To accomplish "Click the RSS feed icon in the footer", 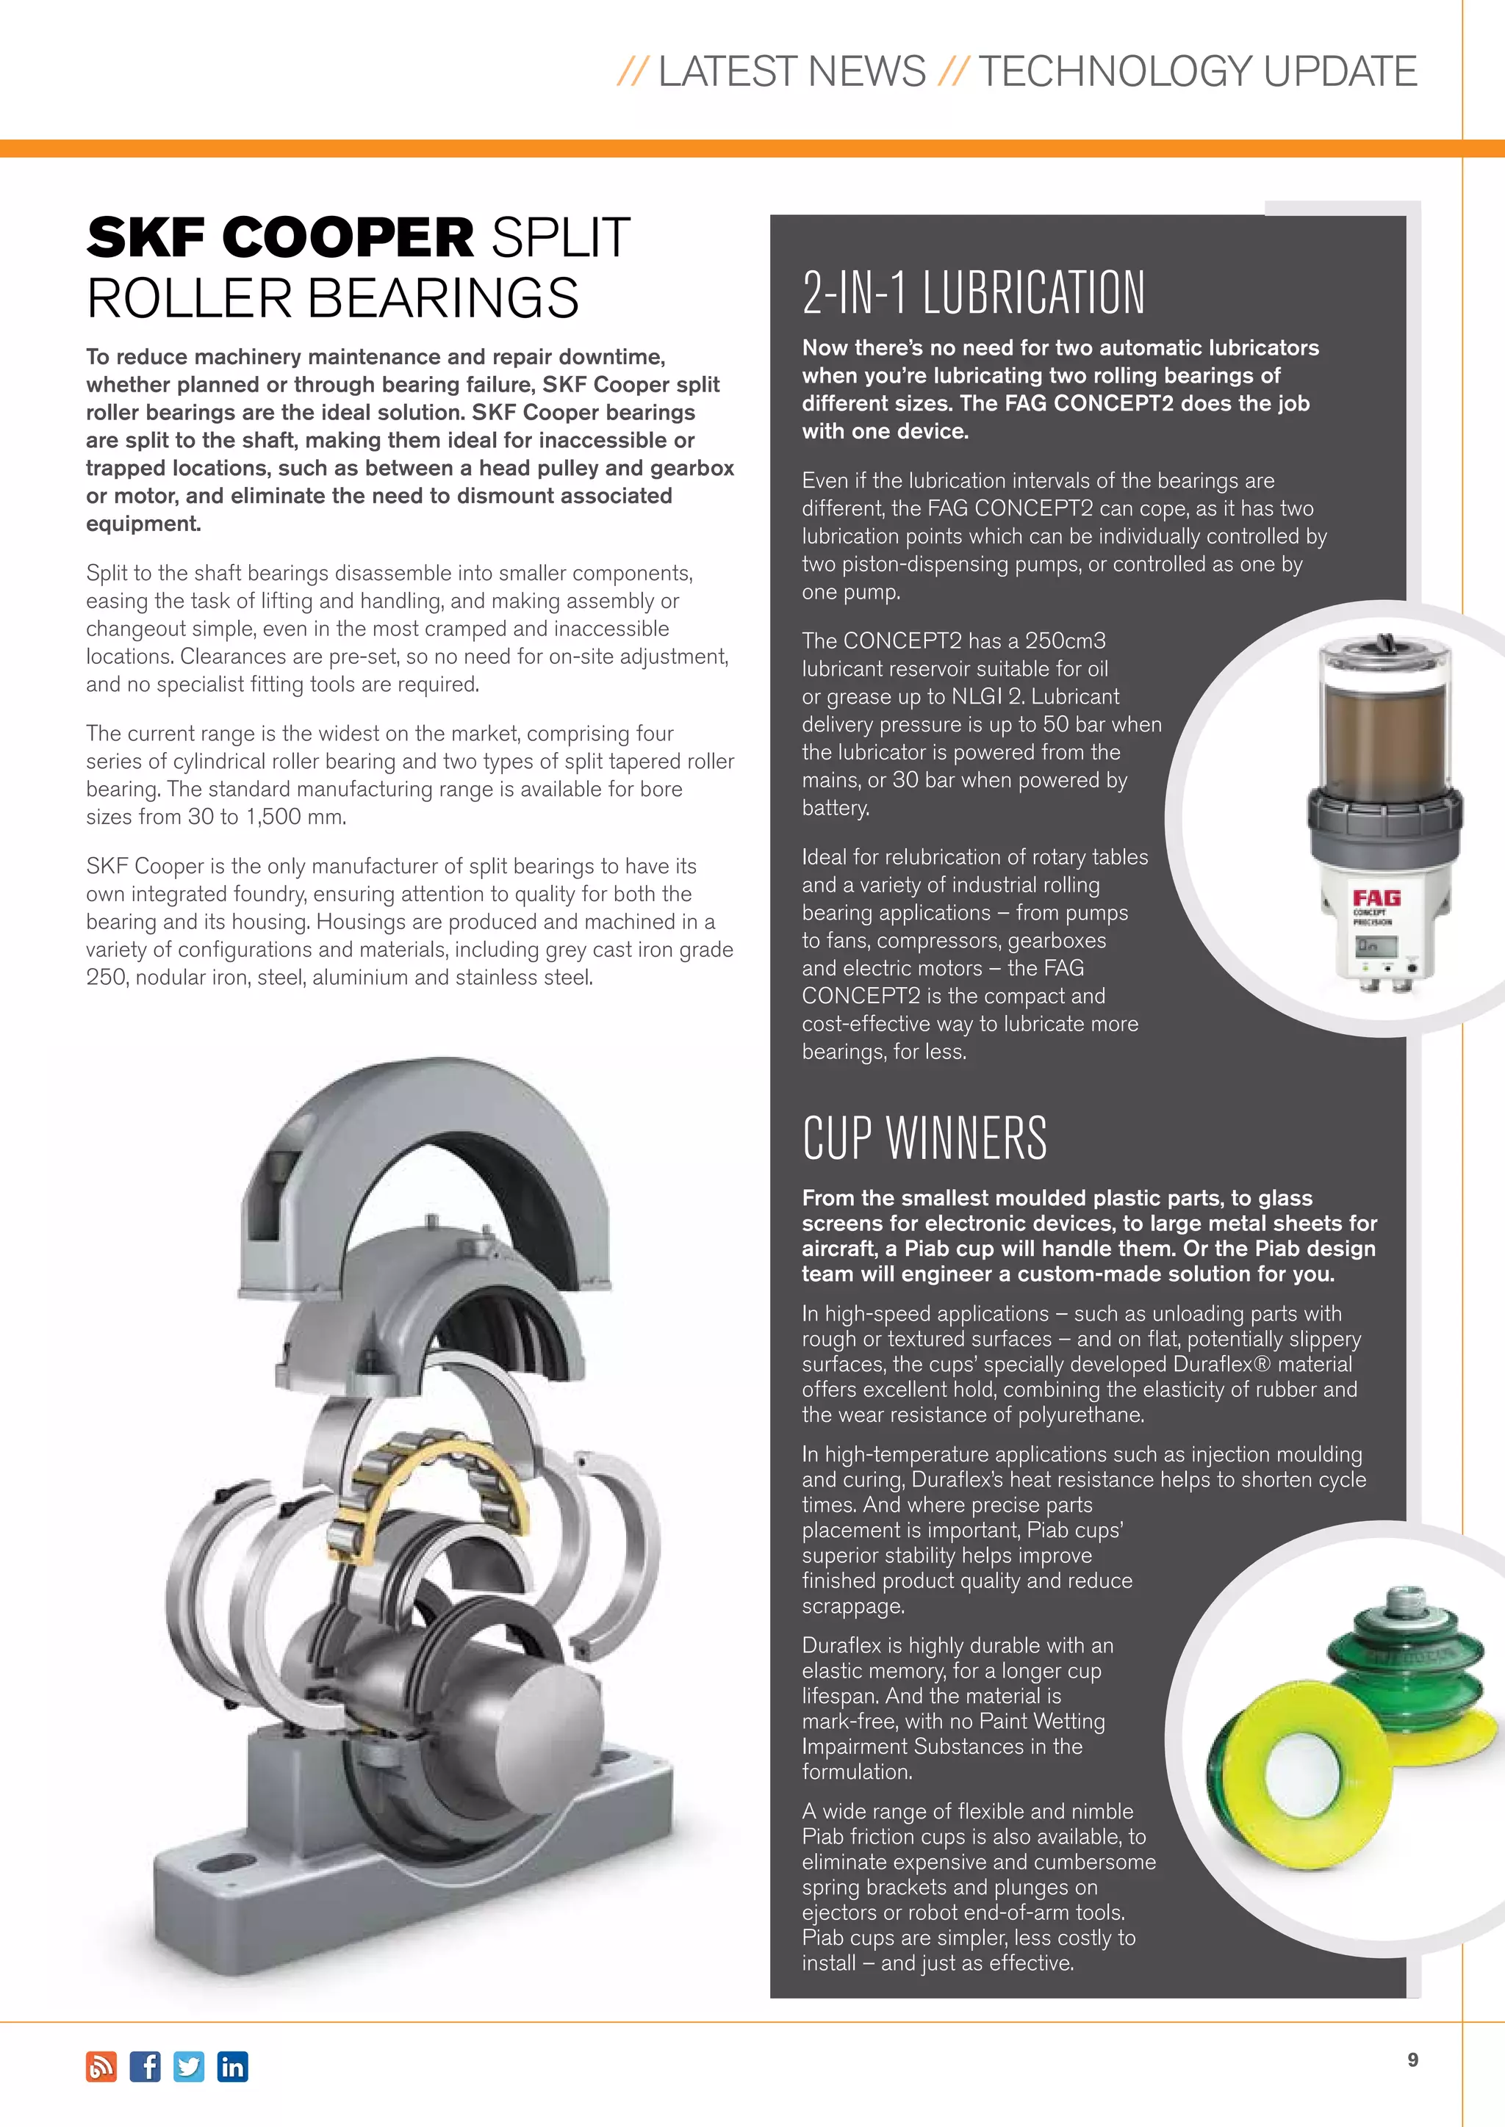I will [101, 2067].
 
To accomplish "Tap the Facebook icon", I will [145, 2067].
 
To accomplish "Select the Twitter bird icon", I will [189, 2067].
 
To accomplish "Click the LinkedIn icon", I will [233, 2067].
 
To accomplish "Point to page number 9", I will [1412, 2059].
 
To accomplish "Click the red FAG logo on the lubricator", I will [1376, 898].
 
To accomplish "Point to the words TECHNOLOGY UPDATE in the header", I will [1197, 71].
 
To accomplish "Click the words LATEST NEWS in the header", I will [791, 71].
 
